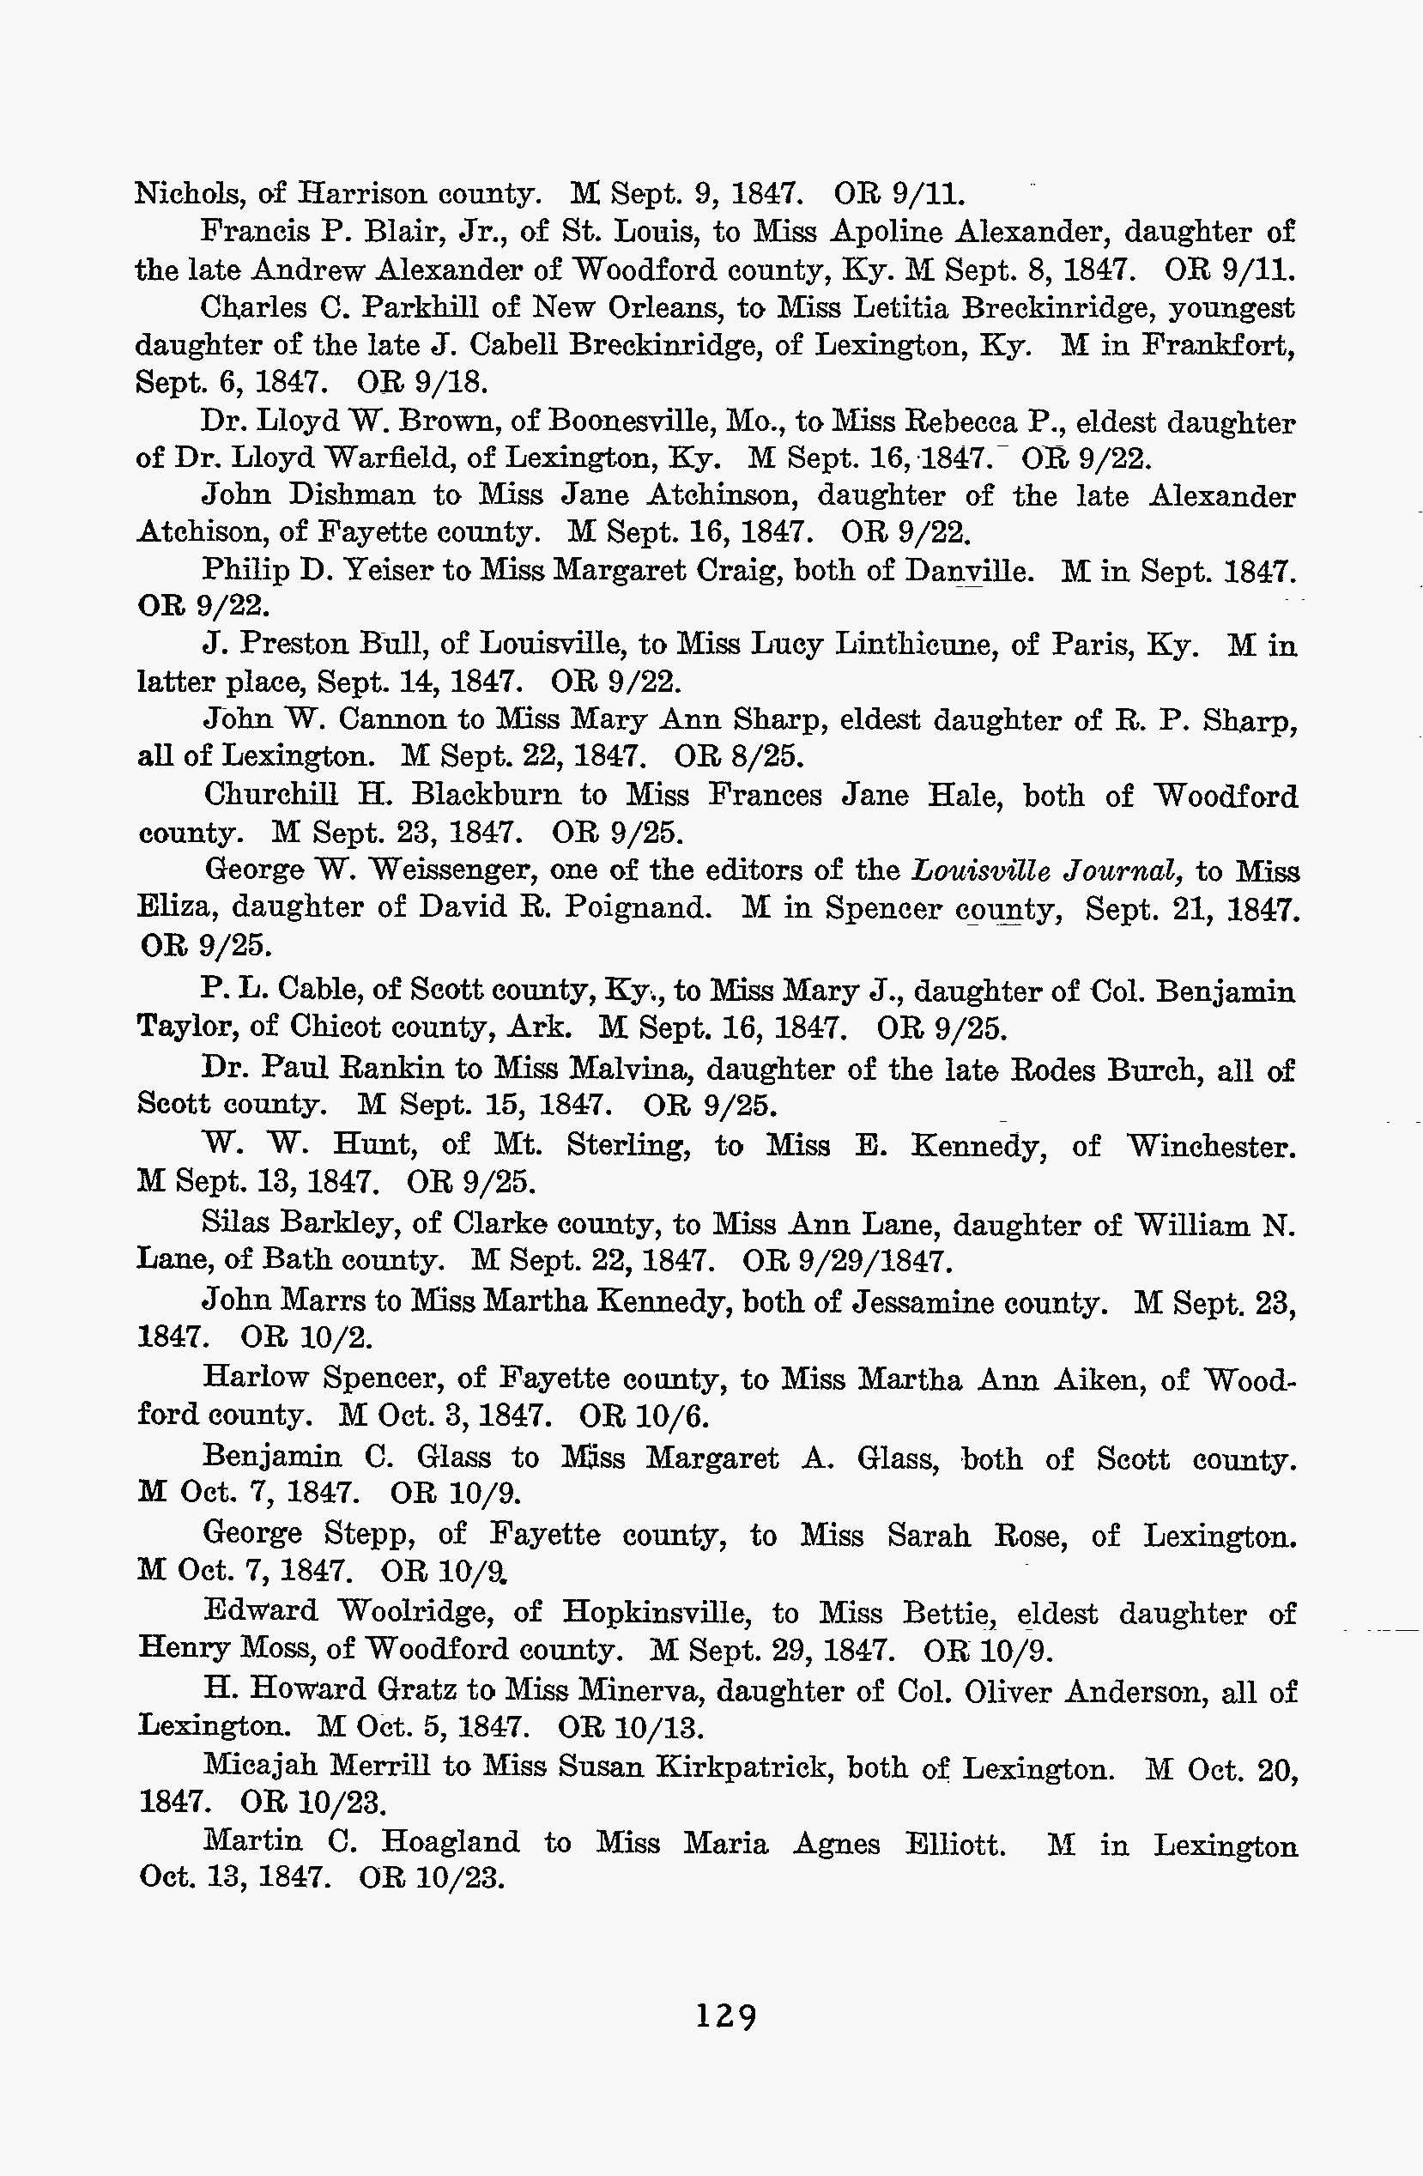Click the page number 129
[x=727, y=2015]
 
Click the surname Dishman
[x=351, y=495]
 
